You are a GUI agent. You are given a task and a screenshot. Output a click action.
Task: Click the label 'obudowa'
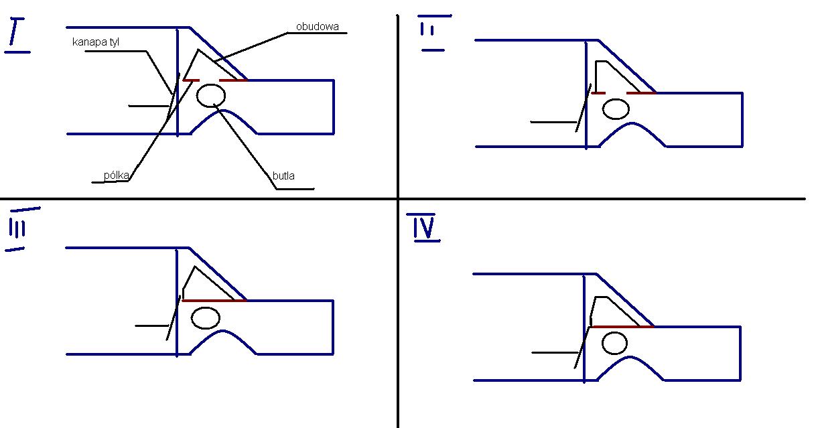318,27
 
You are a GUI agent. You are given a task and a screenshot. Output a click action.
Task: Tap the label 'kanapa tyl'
96,42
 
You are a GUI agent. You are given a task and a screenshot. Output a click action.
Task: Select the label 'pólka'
116,175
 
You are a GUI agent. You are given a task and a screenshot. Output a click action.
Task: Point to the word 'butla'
283,176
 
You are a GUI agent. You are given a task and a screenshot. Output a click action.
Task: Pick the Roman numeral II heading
433,33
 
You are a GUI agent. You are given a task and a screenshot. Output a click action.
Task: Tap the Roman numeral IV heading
423,227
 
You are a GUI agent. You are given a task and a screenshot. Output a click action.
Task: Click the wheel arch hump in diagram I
223,111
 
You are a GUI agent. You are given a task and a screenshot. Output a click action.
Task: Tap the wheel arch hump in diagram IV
630,357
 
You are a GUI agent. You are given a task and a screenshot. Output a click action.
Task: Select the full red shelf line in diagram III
214,301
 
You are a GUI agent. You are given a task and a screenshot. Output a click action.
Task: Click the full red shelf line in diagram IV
622,327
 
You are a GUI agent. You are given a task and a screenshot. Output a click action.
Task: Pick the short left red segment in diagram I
191,80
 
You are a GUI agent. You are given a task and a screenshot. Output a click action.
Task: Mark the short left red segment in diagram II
598,93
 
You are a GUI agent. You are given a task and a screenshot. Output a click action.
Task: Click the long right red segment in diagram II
641,93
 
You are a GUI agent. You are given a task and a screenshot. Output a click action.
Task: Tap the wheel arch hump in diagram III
222,331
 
